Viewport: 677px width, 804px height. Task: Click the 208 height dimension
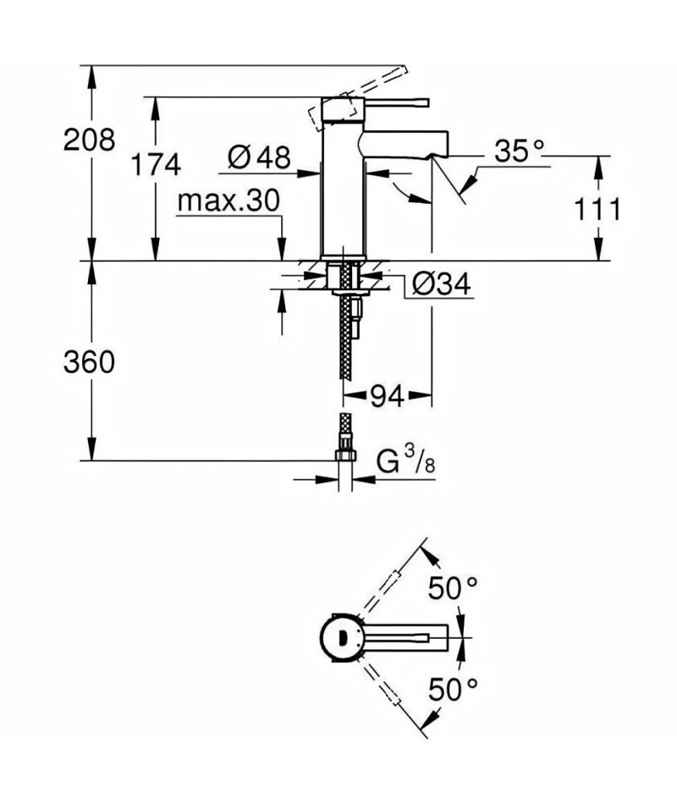coord(89,140)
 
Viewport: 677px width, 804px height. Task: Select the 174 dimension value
coord(156,164)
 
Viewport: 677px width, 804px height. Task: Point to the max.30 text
coord(228,201)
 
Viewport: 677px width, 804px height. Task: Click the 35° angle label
coord(519,151)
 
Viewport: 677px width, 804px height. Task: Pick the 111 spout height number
coord(597,209)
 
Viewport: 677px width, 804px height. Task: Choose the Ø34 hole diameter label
coord(441,284)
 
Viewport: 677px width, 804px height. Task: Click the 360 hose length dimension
coord(89,362)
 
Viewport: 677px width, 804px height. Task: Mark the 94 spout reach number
coord(387,395)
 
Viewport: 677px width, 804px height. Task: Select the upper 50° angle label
coord(453,588)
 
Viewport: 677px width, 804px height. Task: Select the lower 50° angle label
coord(453,689)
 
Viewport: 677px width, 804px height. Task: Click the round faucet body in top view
coord(341,638)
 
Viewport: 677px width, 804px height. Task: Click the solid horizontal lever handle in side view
coord(396,102)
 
